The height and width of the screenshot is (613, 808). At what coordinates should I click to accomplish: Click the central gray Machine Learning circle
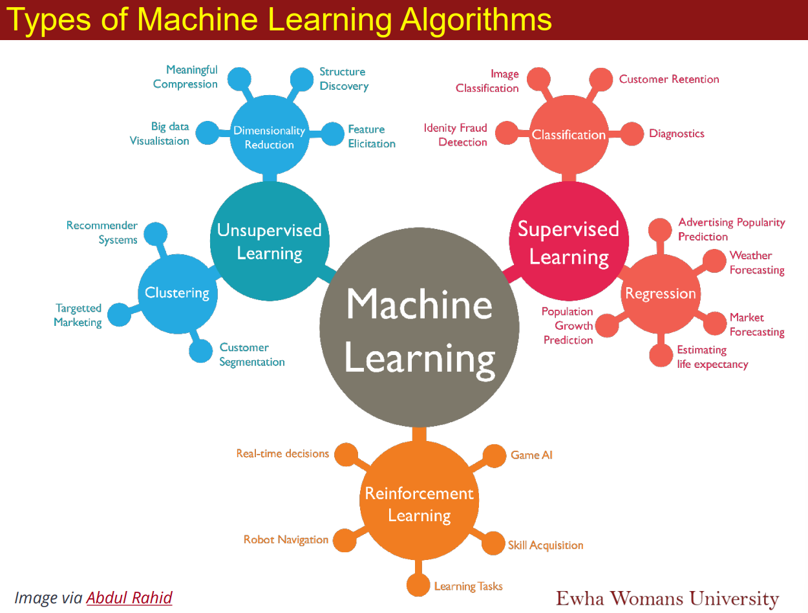click(419, 330)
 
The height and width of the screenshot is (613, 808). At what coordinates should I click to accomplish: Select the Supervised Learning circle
click(569, 243)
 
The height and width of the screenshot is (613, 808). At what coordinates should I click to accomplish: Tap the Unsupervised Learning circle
click(269, 241)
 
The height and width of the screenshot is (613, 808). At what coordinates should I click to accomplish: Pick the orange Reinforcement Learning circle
click(419, 504)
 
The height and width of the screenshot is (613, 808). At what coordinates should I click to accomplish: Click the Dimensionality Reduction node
click(269, 137)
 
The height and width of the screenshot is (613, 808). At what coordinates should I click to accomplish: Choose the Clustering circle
click(177, 293)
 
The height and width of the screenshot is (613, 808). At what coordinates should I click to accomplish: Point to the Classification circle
click(569, 134)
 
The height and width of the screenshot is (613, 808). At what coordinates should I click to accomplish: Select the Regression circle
click(660, 294)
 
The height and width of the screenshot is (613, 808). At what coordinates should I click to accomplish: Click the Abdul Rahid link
click(129, 597)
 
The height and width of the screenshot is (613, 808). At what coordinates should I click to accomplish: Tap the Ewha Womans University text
click(667, 597)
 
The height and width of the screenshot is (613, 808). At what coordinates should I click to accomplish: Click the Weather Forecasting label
click(757, 263)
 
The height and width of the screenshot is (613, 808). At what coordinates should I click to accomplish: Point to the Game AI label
click(531, 455)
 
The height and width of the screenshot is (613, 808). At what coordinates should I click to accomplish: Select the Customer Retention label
click(669, 79)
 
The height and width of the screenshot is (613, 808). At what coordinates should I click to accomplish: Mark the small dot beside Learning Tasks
click(418, 586)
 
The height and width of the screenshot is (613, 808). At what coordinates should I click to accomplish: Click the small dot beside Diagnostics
click(633, 134)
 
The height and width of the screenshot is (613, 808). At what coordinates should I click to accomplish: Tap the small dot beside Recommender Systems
click(155, 233)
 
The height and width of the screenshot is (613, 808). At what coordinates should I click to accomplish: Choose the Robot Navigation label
click(286, 539)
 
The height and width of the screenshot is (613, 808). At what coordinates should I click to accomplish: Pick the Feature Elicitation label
click(372, 136)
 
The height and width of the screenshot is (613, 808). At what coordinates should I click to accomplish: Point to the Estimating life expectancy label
click(712, 357)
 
